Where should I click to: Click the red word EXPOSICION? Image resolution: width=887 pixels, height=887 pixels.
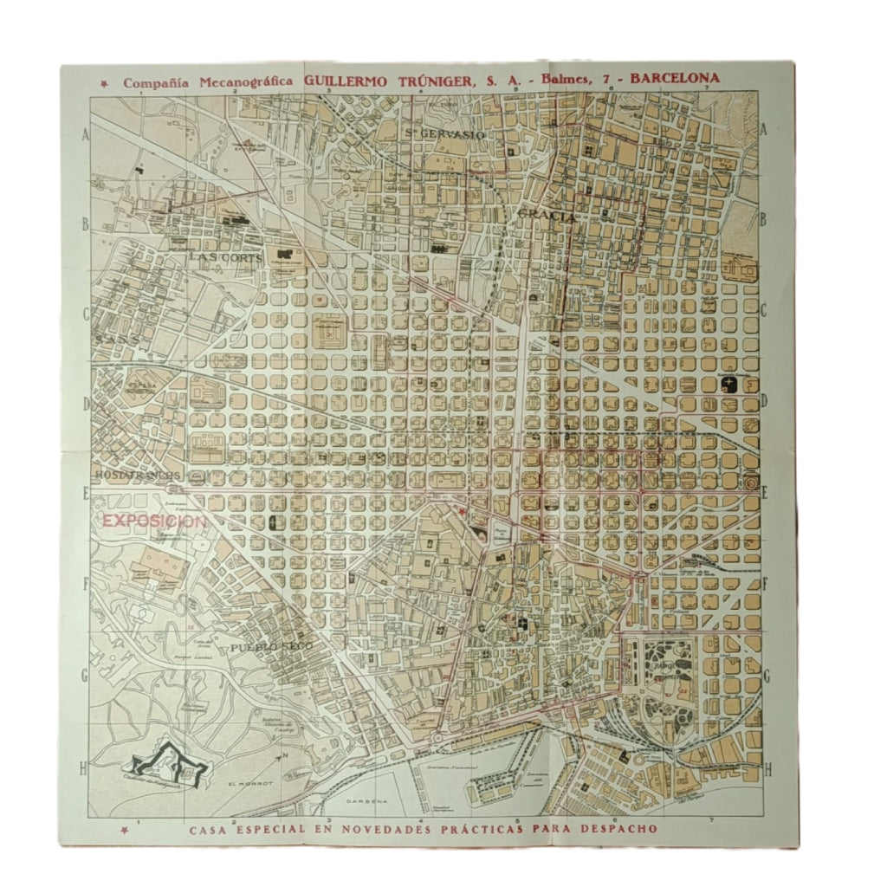click(x=154, y=521)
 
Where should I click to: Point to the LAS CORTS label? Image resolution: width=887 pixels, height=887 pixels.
click(x=219, y=257)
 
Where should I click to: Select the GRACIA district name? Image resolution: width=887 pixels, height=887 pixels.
click(x=547, y=213)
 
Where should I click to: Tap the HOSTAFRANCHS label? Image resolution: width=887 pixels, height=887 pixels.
click(x=139, y=476)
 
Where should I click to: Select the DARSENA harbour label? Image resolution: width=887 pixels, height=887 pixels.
click(x=364, y=801)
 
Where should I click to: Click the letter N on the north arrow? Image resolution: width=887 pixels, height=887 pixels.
click(x=283, y=755)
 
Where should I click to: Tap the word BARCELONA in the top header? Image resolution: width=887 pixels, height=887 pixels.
click(x=674, y=78)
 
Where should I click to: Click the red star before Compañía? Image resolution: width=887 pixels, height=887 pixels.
click(x=105, y=84)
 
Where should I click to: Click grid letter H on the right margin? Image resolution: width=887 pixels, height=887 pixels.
click(x=767, y=767)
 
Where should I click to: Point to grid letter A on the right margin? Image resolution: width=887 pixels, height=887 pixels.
click(x=765, y=133)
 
